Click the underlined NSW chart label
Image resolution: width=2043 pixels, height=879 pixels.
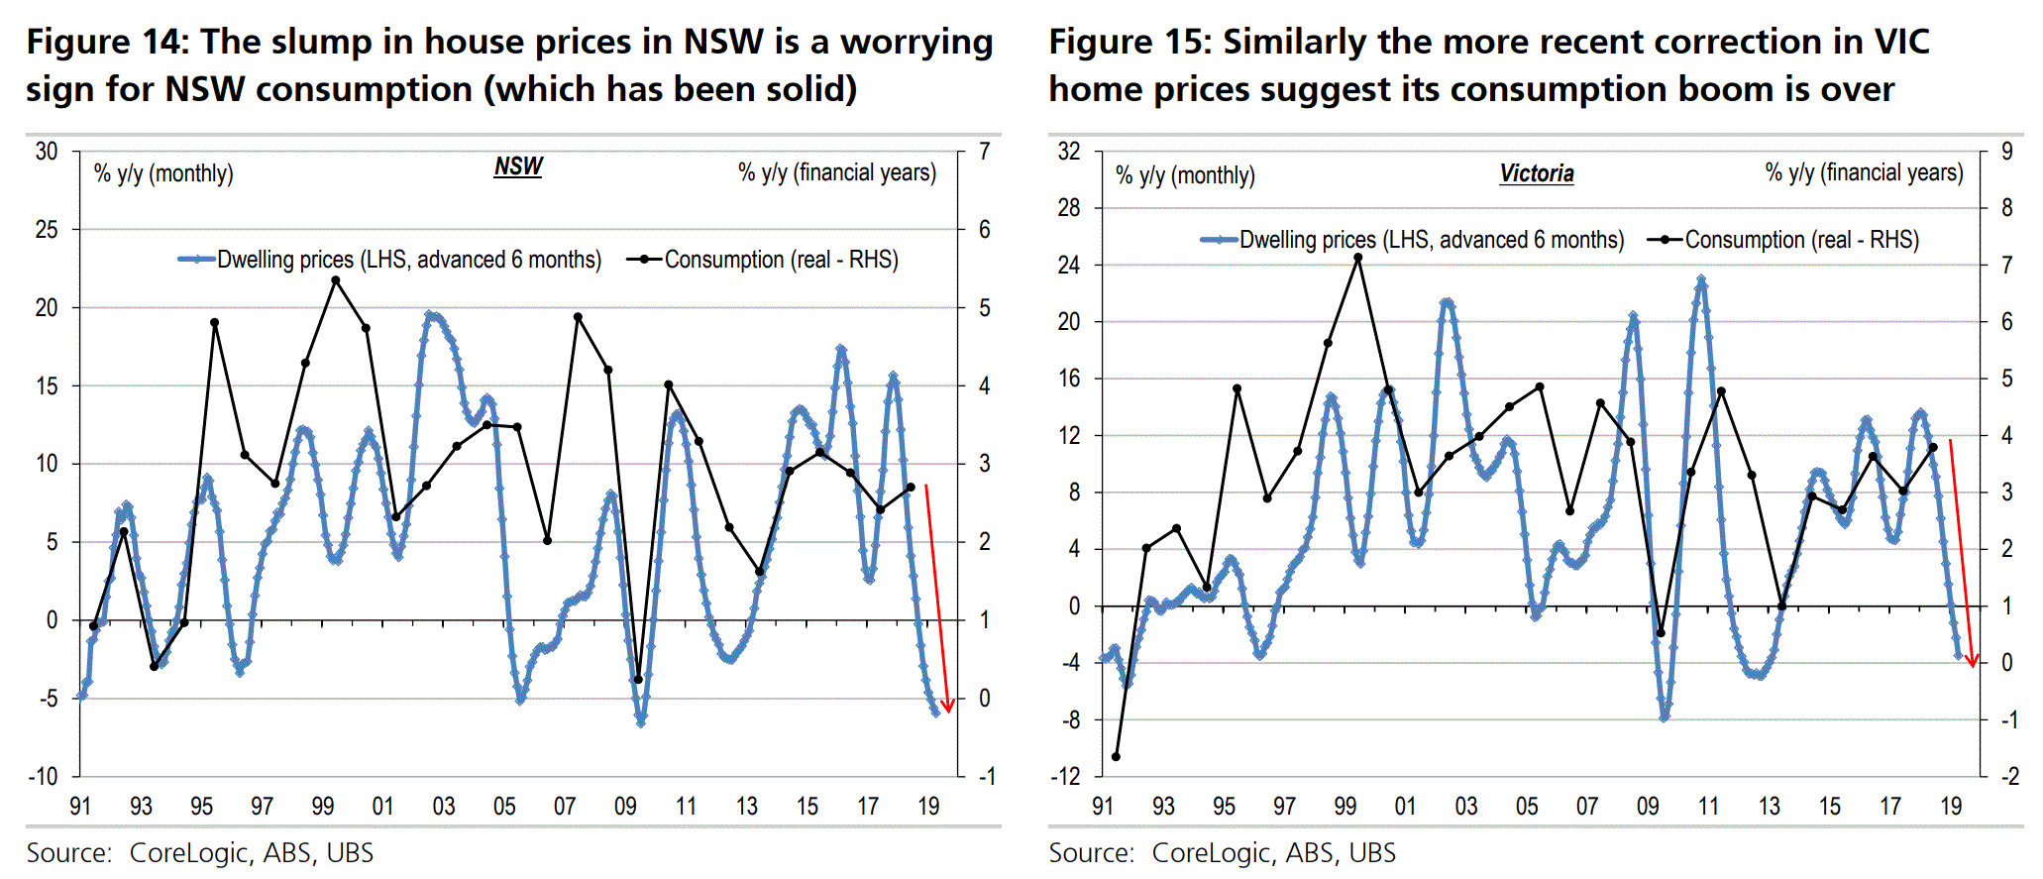pyautogui.click(x=518, y=166)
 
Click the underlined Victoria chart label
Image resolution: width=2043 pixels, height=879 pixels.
pyautogui.click(x=1536, y=174)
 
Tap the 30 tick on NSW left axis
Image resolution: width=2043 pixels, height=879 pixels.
pyautogui.click(x=47, y=152)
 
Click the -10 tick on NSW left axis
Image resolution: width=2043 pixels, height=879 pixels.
pyautogui.click(x=43, y=776)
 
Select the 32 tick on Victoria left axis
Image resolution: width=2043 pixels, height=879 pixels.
pyautogui.click(x=1069, y=152)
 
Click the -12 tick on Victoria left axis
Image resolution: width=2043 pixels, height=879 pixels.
pyautogui.click(x=1066, y=776)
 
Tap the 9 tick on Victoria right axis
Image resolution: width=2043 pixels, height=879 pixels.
pyautogui.click(x=2007, y=152)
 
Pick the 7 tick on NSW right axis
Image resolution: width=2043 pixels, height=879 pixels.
pyautogui.click(x=984, y=152)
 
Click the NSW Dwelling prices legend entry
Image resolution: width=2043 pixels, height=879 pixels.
pyautogui.click(x=390, y=260)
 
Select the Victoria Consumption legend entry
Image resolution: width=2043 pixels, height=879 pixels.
pyautogui.click(x=1783, y=240)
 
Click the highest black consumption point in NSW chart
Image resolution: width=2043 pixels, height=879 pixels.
pyautogui.click(x=336, y=280)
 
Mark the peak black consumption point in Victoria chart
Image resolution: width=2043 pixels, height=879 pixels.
pyautogui.click(x=1358, y=258)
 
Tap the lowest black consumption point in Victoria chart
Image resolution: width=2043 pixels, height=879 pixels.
pyautogui.click(x=1116, y=757)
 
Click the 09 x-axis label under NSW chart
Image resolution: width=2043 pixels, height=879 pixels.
pyautogui.click(x=625, y=807)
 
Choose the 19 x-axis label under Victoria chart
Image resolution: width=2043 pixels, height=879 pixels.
pyautogui.click(x=1951, y=807)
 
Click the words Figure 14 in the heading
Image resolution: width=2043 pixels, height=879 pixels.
pyautogui.click(x=105, y=42)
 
